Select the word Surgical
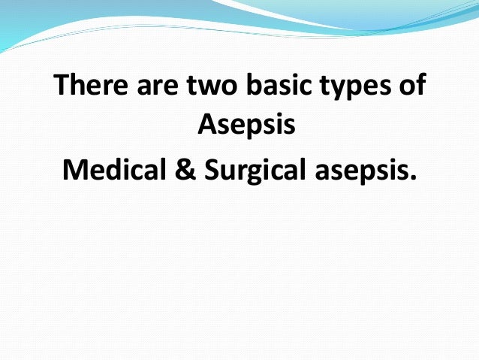(255, 171)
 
